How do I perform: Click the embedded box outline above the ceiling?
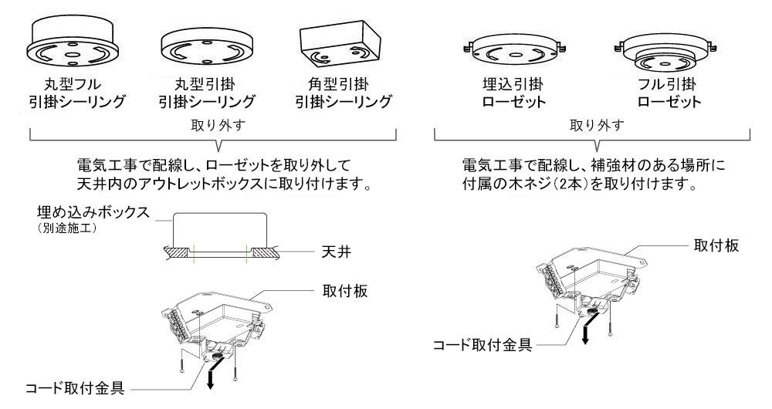pos(220,228)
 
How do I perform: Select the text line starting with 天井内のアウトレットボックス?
pos(219,186)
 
